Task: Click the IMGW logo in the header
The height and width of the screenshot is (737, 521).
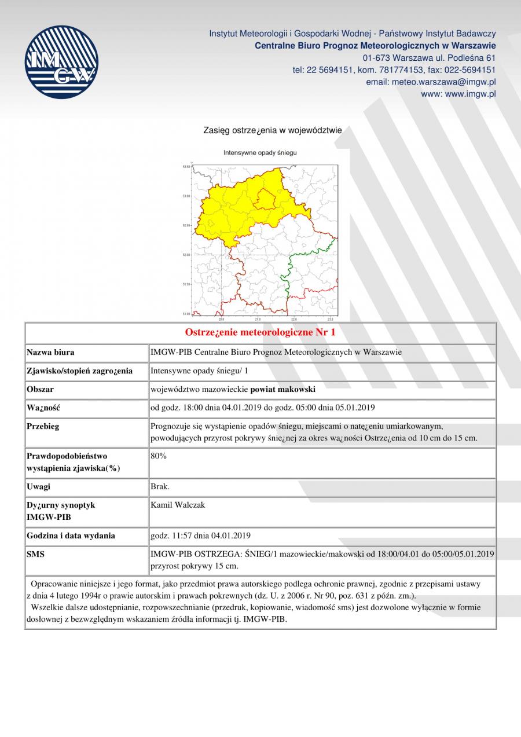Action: coord(61,62)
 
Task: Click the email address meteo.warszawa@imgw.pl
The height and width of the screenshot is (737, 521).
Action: coord(431,82)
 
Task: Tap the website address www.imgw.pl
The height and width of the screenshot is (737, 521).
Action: coord(458,94)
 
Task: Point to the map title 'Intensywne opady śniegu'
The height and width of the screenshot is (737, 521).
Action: coord(260,153)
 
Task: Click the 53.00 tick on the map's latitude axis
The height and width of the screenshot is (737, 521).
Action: coord(186,196)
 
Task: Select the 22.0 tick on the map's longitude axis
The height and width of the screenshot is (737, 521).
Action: coord(294,319)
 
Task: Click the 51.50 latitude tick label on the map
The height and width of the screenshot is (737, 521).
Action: coord(186,284)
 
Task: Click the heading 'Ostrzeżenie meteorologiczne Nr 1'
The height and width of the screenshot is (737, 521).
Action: coord(260,332)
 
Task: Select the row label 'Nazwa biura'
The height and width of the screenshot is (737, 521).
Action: coord(50,352)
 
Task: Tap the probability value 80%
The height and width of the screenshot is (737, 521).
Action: coord(159,456)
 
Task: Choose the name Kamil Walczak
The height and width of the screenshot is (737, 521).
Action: coord(178,505)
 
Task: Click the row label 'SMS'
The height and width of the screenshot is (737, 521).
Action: coord(35,554)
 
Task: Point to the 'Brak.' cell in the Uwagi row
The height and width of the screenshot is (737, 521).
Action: coord(160,487)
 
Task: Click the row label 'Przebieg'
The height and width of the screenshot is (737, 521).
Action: coord(43,427)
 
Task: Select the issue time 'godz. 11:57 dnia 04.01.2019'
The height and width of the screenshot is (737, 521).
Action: coord(200,536)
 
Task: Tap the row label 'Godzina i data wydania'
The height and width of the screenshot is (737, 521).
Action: coord(71,536)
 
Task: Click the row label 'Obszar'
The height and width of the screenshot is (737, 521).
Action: coord(40,390)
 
